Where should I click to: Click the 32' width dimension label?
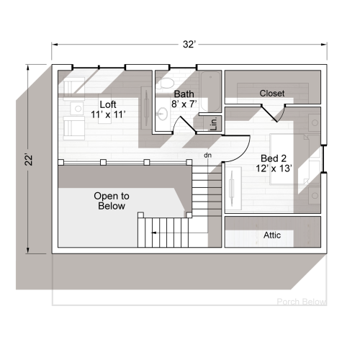click(189, 45)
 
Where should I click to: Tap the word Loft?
click(108, 104)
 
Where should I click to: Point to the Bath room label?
click(184, 94)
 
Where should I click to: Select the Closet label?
click(271, 94)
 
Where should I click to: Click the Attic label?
click(272, 235)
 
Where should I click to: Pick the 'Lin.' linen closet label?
click(214, 123)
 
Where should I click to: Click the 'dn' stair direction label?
click(207, 155)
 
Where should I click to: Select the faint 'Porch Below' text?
click(301, 302)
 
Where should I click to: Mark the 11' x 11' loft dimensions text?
click(108, 114)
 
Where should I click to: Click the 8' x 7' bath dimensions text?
click(184, 104)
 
